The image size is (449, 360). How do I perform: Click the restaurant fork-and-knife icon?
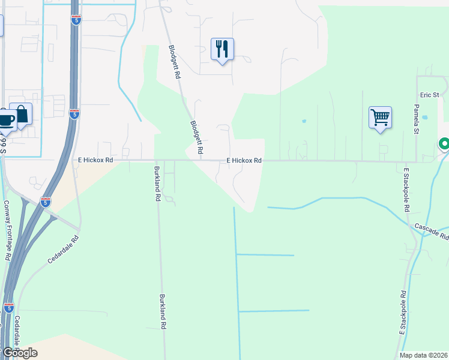tap(222, 49)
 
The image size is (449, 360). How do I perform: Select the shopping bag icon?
tap(22, 115)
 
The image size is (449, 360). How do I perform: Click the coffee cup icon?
tap(6, 119)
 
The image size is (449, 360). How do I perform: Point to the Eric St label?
tap(430, 95)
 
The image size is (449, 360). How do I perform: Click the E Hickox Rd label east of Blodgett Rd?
tap(244, 161)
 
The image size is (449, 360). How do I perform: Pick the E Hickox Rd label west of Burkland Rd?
tap(95, 161)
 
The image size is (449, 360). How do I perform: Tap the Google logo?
tap(19, 353)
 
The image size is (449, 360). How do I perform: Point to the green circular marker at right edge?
tap(444, 144)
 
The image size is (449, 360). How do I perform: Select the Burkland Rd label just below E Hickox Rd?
tap(157, 184)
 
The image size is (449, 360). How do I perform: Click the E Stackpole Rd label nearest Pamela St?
tap(406, 190)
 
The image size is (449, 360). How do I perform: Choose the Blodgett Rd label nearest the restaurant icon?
tap(175, 64)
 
